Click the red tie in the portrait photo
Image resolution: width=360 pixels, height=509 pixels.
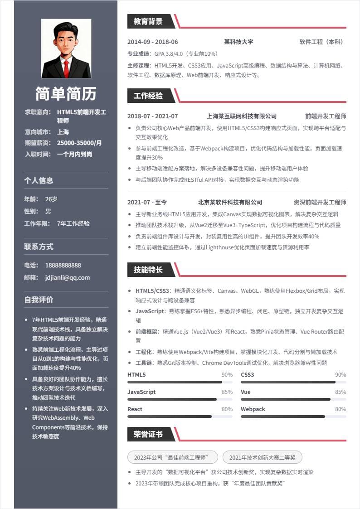(66, 68)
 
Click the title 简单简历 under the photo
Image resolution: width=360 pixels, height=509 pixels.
(66, 94)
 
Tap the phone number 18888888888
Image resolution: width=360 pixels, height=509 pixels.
(63, 265)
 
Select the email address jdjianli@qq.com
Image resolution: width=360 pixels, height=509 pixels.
(68, 277)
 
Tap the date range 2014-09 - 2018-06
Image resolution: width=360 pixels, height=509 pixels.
(152, 42)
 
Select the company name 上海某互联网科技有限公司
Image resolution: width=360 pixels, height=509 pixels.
(241, 116)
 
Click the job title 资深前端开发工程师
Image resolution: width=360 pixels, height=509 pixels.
(320, 202)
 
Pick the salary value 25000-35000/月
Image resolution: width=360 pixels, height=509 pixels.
(79, 143)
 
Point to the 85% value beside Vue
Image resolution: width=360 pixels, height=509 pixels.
(341, 392)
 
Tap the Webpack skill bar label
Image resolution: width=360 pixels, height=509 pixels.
(253, 409)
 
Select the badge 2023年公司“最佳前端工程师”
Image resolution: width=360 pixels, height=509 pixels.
(173, 457)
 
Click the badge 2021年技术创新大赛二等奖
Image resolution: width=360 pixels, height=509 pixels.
(262, 457)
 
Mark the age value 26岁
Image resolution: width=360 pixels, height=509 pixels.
(51, 199)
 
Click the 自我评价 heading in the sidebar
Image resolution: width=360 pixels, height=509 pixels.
(39, 300)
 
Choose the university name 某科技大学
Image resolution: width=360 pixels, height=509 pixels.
(238, 42)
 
